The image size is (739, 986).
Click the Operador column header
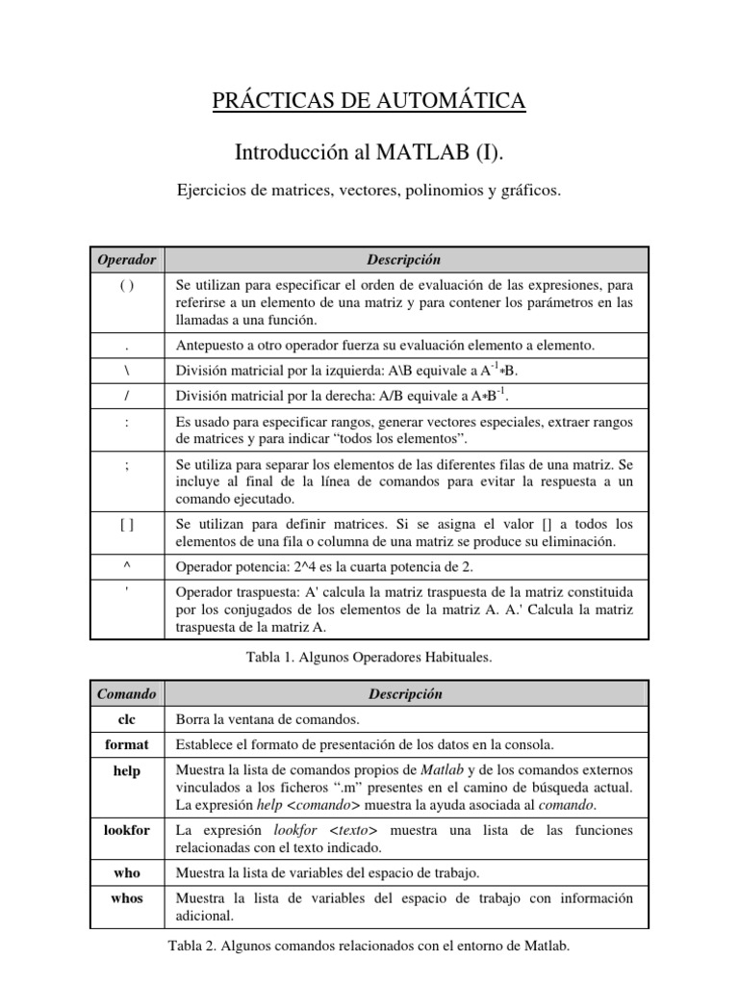127,260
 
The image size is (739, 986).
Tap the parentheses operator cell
127,286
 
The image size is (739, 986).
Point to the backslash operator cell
127,370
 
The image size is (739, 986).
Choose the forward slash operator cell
127,395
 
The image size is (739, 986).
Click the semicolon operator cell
127,464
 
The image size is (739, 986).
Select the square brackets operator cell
127,525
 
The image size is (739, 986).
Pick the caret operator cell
127,567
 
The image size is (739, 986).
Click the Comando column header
127,693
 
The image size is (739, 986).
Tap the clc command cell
127,719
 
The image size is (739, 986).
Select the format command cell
127,744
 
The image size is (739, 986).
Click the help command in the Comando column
127,771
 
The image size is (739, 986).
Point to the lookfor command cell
127,830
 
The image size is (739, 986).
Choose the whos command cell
127,898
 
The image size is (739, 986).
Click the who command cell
127,872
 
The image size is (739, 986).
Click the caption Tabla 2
369,946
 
